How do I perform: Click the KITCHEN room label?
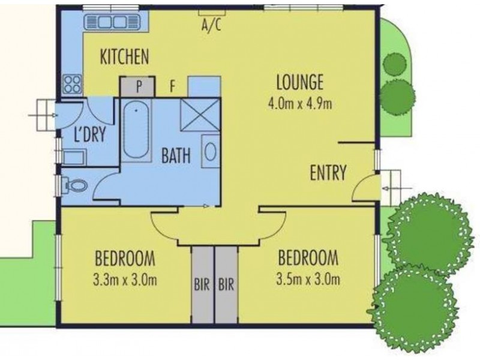pyautogui.click(x=124, y=57)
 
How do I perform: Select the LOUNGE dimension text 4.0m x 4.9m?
pyautogui.click(x=300, y=103)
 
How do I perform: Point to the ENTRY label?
pyautogui.click(x=328, y=173)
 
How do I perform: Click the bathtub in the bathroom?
pyautogui.click(x=137, y=128)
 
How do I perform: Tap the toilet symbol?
pyautogui.click(x=75, y=187)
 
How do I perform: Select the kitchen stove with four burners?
pyautogui.click(x=73, y=83)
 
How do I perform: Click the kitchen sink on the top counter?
pyautogui.click(x=112, y=23)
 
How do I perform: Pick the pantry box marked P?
pyautogui.click(x=138, y=86)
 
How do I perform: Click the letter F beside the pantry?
pyautogui.click(x=172, y=86)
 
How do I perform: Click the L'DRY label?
pyautogui.click(x=89, y=134)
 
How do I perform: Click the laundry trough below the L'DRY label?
pyautogui.click(x=74, y=157)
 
